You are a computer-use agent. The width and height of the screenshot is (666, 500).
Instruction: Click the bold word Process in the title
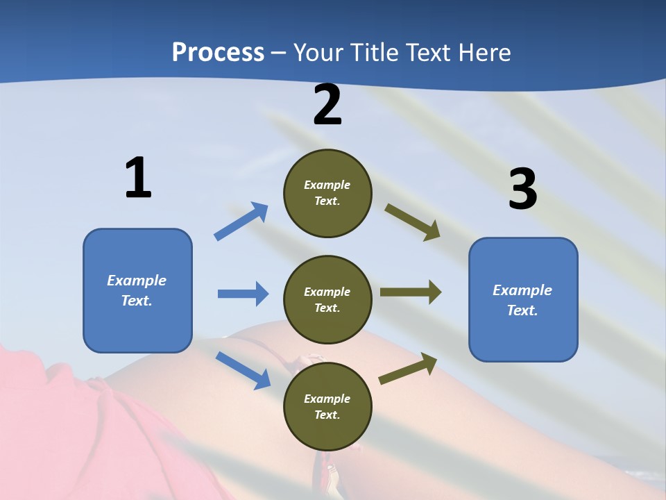click(x=218, y=53)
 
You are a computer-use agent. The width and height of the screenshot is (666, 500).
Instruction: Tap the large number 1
click(x=138, y=178)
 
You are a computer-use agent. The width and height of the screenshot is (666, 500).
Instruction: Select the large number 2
click(x=327, y=105)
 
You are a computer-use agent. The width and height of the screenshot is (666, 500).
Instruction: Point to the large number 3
click(x=522, y=189)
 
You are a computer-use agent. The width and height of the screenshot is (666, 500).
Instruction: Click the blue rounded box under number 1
click(x=137, y=290)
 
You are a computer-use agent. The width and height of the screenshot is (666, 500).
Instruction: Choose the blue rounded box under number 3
click(x=523, y=299)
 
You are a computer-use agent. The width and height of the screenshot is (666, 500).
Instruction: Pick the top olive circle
click(x=327, y=193)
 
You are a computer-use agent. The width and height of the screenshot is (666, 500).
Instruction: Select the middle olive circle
click(x=327, y=299)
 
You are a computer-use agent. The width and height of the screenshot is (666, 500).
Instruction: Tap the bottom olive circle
click(x=327, y=406)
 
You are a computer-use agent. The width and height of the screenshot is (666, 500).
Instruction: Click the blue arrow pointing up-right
click(x=241, y=222)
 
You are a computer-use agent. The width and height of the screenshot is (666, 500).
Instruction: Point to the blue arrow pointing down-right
click(x=243, y=369)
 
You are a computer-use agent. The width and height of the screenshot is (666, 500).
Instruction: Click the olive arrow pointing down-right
click(x=413, y=222)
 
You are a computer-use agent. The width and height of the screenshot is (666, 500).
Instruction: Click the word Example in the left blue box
click(x=137, y=281)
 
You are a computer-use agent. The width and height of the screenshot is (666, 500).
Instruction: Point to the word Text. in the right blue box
click(x=522, y=310)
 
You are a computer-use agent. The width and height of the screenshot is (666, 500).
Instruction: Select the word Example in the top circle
click(x=327, y=185)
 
